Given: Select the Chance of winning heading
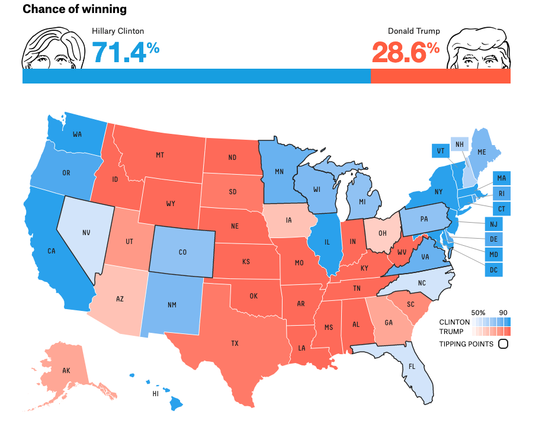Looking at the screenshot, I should (74, 9).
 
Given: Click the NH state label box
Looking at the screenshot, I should (458, 144).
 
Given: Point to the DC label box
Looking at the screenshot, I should (493, 270).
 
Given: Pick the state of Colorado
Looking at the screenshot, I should (183, 252).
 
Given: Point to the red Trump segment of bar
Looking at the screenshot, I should (440, 76).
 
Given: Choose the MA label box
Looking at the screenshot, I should (501, 178).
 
